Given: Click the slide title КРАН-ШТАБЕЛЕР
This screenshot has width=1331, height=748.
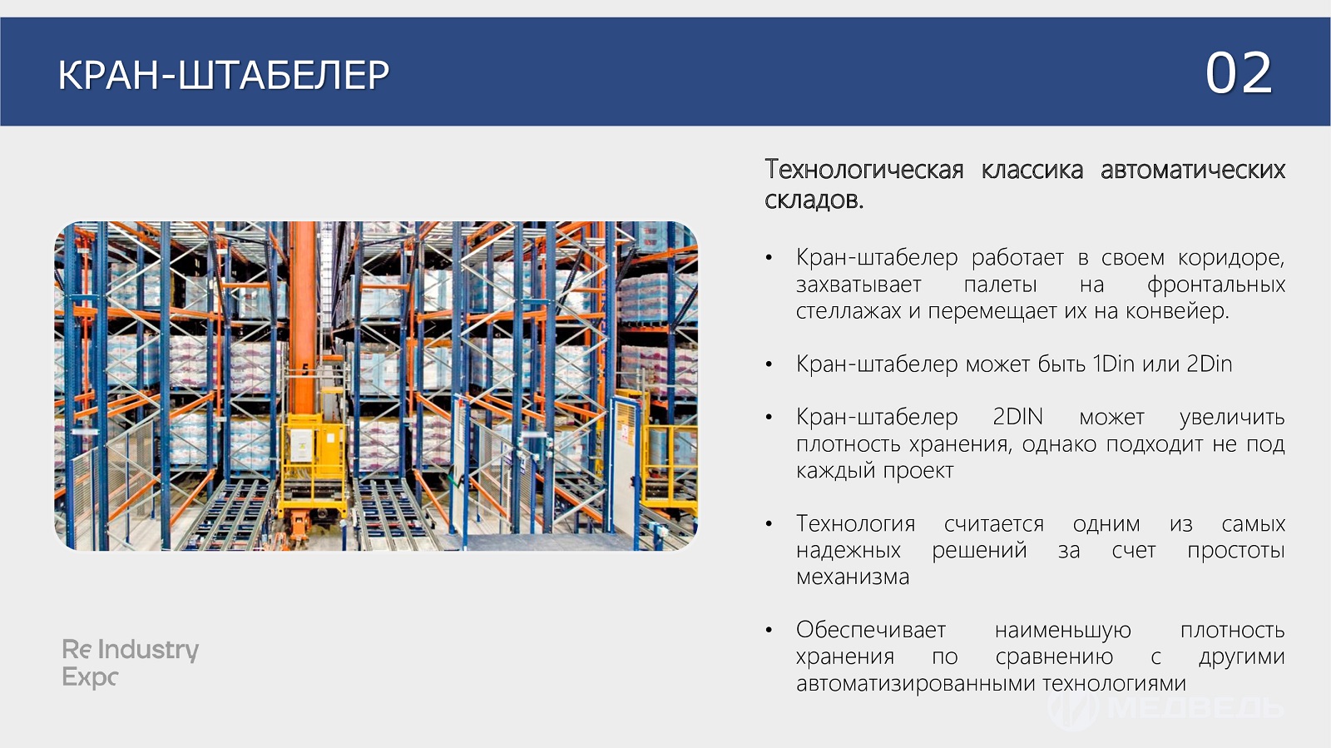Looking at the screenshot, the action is (224, 75).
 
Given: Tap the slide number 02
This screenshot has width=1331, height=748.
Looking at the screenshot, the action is (1239, 73).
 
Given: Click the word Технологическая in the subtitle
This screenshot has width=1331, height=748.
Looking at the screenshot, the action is (864, 170).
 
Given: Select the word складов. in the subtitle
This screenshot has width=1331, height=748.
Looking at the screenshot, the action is (814, 200).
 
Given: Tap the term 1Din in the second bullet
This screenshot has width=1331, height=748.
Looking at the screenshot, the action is (1114, 364).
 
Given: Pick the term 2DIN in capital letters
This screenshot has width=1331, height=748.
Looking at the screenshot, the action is (1017, 417).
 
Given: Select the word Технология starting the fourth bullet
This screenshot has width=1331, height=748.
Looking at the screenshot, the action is (856, 523).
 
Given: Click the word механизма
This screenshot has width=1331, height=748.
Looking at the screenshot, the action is (853, 577).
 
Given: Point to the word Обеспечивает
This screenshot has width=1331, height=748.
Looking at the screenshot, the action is (870, 630).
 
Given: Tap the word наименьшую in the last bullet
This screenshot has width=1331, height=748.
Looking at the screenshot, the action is (1063, 630).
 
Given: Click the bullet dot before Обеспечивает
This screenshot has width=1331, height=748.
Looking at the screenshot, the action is (769, 630).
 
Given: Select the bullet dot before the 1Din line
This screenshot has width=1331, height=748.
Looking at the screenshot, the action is (769, 364).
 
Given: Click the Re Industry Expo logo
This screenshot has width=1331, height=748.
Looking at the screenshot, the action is (130, 663).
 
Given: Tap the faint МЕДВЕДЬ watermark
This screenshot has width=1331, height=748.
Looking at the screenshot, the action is (1165, 709).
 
